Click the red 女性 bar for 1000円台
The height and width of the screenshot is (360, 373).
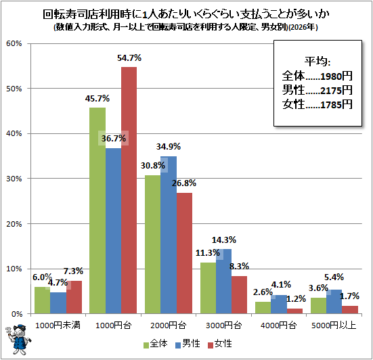coord(129,190)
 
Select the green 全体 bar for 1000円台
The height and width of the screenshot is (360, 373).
coord(97,210)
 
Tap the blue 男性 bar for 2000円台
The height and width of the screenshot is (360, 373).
coord(169,235)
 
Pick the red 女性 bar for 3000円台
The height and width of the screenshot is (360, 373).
coord(240,295)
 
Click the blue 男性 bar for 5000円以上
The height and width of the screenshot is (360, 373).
coord(334,302)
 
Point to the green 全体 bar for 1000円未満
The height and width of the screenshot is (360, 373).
coord(43,300)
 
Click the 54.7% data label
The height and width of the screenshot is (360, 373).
coord(129,58)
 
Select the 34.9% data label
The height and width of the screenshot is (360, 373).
coord(169,147)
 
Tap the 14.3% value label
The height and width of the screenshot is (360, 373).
coord(224,240)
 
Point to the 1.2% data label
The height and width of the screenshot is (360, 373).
coord(296,299)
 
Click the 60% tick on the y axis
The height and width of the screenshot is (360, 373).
coord(14,43)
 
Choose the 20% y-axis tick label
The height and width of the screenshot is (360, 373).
coord(14,224)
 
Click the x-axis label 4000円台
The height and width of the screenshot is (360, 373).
coord(278,325)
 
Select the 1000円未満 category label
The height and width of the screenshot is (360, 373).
coord(58,325)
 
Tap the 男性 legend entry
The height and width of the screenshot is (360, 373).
coord(188,344)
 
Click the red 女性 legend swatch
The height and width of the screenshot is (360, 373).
coord(211,345)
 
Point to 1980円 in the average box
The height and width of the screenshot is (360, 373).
coord(336,76)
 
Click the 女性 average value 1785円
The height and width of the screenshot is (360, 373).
coord(336,105)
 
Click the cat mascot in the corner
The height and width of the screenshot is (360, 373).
coord(18,340)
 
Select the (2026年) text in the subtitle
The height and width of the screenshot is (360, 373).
coord(303,27)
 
